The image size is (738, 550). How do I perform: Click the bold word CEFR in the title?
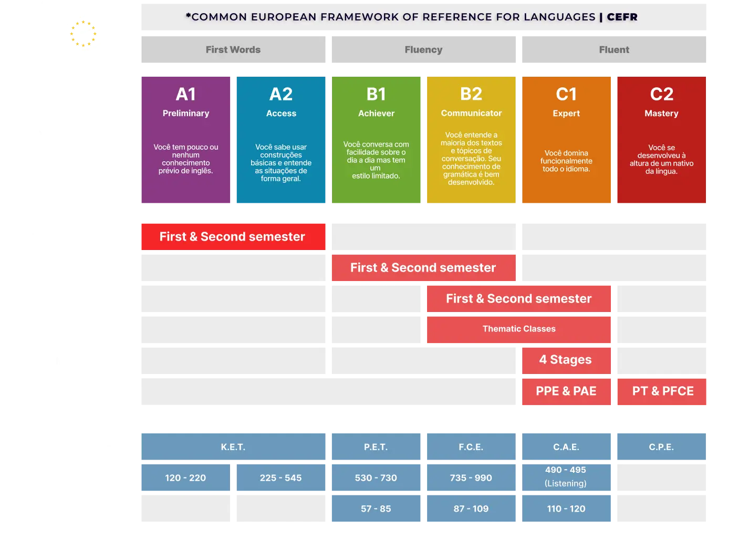tap(622, 17)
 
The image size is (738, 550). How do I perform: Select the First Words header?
tap(233, 49)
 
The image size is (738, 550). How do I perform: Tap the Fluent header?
tap(614, 49)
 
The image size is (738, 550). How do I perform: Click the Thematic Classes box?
tap(519, 329)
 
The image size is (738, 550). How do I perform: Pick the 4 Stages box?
tap(566, 359)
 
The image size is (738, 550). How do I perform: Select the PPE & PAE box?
tap(566, 391)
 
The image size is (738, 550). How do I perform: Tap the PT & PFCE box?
tap(663, 391)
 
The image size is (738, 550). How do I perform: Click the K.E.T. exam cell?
tap(233, 447)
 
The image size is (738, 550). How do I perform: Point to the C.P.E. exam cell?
tap(661, 447)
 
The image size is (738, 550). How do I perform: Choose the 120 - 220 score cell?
tap(185, 478)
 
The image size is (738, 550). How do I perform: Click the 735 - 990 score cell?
tap(471, 478)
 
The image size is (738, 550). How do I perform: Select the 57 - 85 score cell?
tap(376, 509)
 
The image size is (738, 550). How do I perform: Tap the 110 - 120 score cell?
tap(566, 509)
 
